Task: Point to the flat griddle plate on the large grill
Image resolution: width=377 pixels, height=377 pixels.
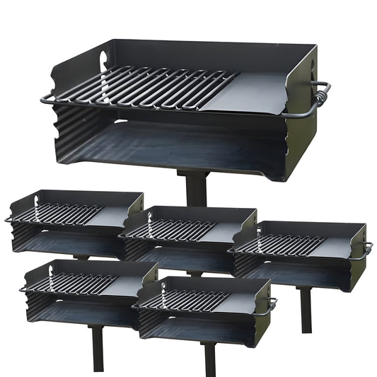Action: click(x=258, y=89)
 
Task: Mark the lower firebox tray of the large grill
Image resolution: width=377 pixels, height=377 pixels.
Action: click(x=177, y=145)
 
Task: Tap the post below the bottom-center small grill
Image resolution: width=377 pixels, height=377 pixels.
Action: click(x=209, y=357)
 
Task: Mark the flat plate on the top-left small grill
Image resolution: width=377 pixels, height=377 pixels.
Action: click(x=113, y=216)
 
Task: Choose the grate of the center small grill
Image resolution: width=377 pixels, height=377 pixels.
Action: click(x=177, y=229)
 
